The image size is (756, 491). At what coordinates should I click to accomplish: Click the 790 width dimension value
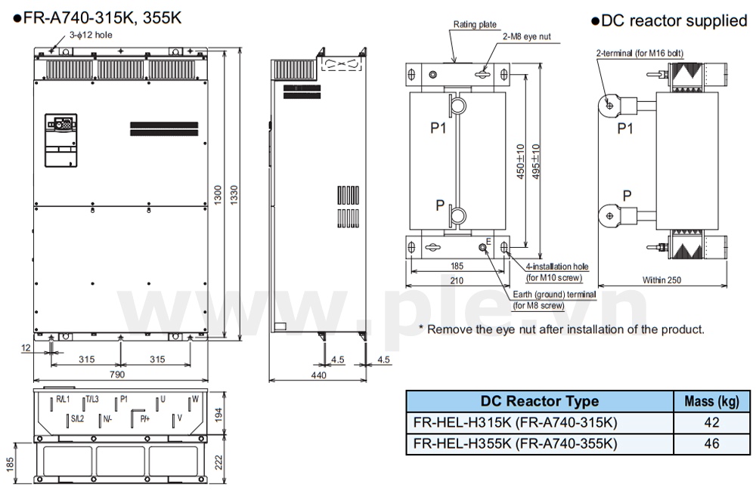tap(117, 375)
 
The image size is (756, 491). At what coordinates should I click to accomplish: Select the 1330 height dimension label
tap(234, 195)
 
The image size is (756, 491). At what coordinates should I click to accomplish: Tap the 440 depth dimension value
tap(319, 375)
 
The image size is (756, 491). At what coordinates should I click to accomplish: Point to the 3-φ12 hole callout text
tap(91, 35)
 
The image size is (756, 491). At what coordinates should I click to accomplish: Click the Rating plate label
tap(475, 25)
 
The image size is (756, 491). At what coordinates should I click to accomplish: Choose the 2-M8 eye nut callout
tap(526, 36)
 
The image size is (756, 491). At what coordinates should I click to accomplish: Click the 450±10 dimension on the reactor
tap(521, 162)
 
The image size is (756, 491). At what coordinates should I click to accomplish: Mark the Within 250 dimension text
tap(661, 280)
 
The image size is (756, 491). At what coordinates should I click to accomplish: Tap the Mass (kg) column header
tap(711, 401)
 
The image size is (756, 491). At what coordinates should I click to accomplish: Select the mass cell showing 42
tap(711, 422)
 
